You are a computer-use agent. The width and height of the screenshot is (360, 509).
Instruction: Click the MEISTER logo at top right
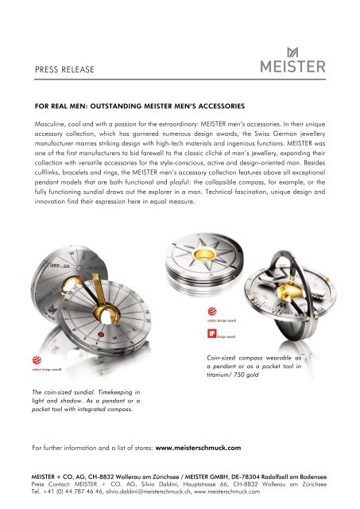[x=293, y=60]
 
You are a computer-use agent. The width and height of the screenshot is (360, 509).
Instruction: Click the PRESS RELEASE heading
[x=64, y=69]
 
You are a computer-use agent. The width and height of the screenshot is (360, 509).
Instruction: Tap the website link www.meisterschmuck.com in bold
[x=198, y=448]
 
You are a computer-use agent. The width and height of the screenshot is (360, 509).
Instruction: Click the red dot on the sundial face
[x=101, y=335]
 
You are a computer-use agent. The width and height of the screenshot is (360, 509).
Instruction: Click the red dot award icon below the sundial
[x=37, y=360]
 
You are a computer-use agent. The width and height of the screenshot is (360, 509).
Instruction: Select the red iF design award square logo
[x=211, y=333]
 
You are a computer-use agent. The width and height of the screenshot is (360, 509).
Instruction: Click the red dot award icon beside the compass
[x=212, y=311]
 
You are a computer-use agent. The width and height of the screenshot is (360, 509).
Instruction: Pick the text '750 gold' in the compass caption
[x=246, y=375]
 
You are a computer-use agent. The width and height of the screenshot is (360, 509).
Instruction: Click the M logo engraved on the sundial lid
[x=52, y=310]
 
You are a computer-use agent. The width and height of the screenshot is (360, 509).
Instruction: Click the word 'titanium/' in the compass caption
[x=219, y=375]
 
